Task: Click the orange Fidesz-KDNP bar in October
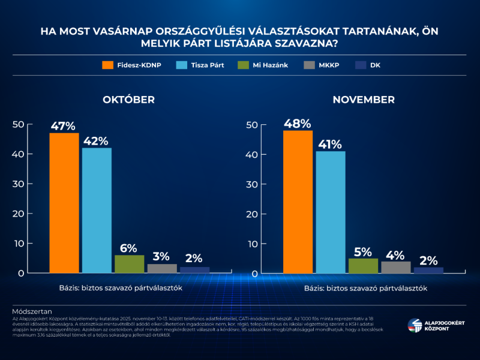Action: pos(64,203)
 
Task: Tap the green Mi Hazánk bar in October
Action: pos(129,264)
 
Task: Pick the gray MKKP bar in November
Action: pos(395,267)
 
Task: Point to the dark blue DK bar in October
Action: pos(194,269)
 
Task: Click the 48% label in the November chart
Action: pos(298,124)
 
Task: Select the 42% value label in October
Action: pos(96,141)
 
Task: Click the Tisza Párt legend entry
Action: pos(200,65)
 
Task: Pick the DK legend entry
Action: pos(367,65)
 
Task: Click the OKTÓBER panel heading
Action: pos(128,100)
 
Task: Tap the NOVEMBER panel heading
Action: pos(364,100)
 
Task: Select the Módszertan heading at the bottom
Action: pos(32,311)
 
